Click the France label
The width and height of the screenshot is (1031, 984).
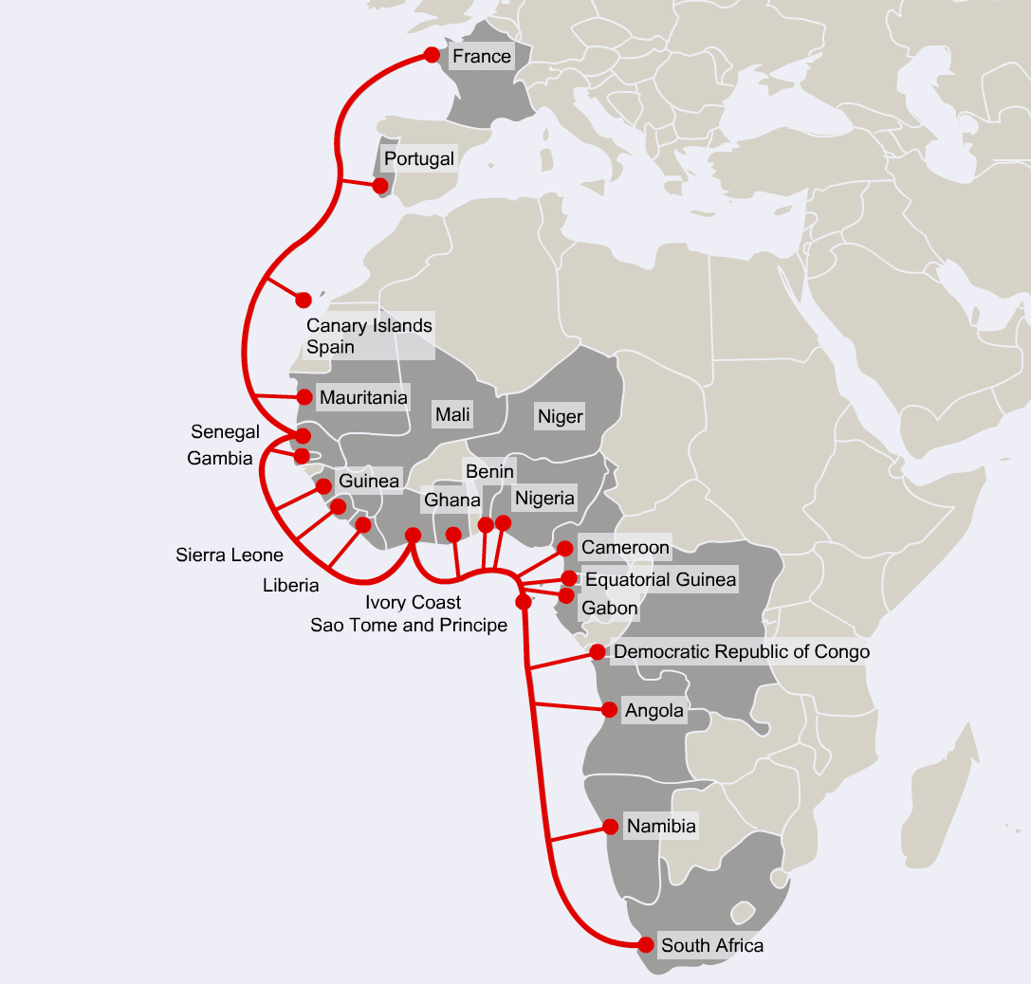pos(481,57)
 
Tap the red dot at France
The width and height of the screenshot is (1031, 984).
pos(432,55)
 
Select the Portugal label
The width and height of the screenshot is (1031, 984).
pos(419,158)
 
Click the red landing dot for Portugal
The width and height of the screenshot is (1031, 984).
pos(380,186)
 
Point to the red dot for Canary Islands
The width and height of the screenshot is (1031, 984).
pos(304,300)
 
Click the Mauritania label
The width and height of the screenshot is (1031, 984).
pos(363,398)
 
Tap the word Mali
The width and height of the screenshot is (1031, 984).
pos(452,414)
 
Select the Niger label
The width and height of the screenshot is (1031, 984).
pos(560,416)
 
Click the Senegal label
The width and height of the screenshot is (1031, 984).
pos(225,432)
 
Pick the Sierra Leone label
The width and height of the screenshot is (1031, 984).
pos(230,555)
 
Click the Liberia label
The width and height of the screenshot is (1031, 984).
pos(291,585)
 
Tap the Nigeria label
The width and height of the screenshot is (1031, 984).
pos(543,498)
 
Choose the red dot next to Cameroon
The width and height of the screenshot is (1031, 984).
pos(565,548)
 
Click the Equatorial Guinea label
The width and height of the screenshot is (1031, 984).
pos(660,579)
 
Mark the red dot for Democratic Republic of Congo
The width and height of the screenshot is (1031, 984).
pos(598,652)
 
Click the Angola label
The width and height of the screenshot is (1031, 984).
pos(654,711)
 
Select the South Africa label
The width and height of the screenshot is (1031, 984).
pos(711,945)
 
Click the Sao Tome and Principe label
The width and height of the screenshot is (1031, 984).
pos(409,625)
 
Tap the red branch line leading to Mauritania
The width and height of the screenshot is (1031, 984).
pos(277,396)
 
